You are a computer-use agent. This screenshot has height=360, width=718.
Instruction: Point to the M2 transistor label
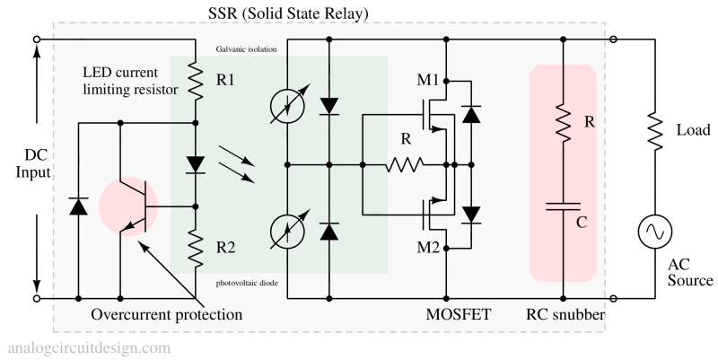click(x=428, y=248)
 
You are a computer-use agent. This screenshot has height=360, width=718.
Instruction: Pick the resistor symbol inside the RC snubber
click(x=563, y=121)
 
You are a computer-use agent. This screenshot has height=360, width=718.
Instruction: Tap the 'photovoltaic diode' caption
click(x=247, y=283)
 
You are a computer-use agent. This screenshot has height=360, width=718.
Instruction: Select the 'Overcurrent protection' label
click(x=167, y=315)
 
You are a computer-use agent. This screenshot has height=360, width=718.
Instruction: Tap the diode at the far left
click(x=78, y=206)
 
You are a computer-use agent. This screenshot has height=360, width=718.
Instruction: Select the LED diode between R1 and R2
click(x=196, y=164)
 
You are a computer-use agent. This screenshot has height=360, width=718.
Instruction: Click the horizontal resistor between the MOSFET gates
click(x=405, y=165)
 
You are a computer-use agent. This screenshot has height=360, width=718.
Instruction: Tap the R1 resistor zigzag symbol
click(x=196, y=82)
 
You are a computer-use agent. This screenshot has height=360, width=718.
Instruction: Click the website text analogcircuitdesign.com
click(x=89, y=347)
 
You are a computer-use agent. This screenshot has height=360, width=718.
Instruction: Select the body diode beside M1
click(x=470, y=115)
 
